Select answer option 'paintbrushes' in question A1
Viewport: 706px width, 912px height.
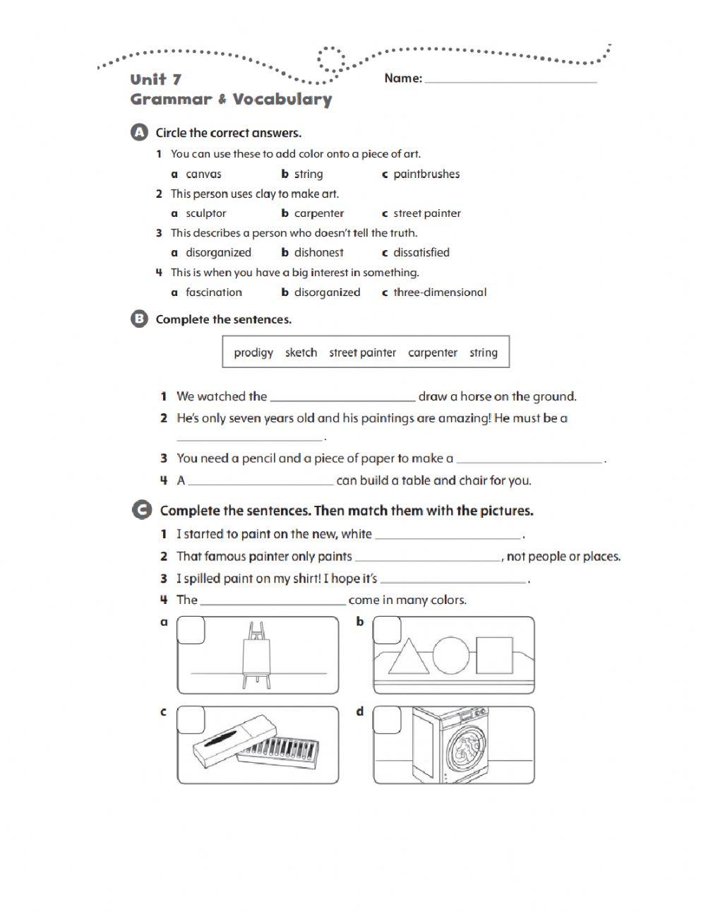[426, 174]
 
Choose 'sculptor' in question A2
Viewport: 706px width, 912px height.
[205, 213]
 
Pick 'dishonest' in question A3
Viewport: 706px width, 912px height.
[318, 252]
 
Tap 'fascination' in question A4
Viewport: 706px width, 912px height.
[213, 292]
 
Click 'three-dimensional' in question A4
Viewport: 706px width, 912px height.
[439, 292]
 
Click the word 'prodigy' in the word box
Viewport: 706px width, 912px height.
[253, 353]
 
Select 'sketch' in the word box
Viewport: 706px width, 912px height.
[301, 353]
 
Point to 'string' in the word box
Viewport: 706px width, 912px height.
[484, 353]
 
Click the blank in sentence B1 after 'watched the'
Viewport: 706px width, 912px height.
[342, 397]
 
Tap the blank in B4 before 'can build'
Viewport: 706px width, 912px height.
[261, 481]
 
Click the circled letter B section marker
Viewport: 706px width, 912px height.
[139, 319]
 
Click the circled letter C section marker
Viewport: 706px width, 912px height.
[141, 510]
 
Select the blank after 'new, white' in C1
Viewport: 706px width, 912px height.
[448, 535]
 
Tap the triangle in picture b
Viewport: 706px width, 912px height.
[409, 657]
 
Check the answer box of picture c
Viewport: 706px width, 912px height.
[191, 720]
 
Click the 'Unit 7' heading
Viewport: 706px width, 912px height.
[155, 79]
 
